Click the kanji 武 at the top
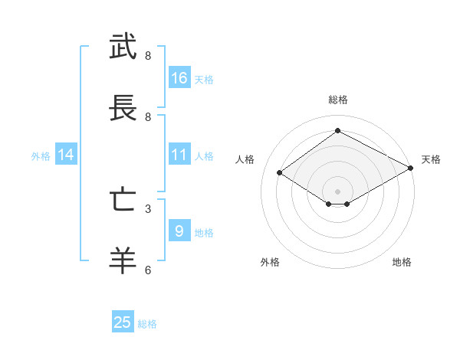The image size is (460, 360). pyautogui.click(x=123, y=47)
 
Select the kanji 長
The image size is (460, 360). pyautogui.click(x=123, y=109)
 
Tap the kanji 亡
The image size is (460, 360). pyautogui.click(x=123, y=201)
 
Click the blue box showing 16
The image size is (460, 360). pyautogui.click(x=179, y=78)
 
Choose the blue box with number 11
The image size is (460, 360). pyautogui.click(x=179, y=155)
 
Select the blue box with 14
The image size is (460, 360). pyautogui.click(x=66, y=155)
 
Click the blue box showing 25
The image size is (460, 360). pyautogui.click(x=123, y=322)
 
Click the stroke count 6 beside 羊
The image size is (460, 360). pyautogui.click(x=148, y=270)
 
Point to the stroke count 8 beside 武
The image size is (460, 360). pyautogui.click(x=148, y=55)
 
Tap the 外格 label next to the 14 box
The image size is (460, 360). pyautogui.click(x=41, y=155)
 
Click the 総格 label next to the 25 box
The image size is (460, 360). pyautogui.click(x=147, y=324)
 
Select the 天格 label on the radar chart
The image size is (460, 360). pyautogui.click(x=431, y=159)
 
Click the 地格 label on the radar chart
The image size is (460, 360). pyautogui.click(x=402, y=262)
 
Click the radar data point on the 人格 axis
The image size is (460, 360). pyautogui.click(x=280, y=173)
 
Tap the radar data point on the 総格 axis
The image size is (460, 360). pyautogui.click(x=337, y=130)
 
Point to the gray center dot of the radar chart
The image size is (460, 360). pyautogui.click(x=337, y=191)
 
